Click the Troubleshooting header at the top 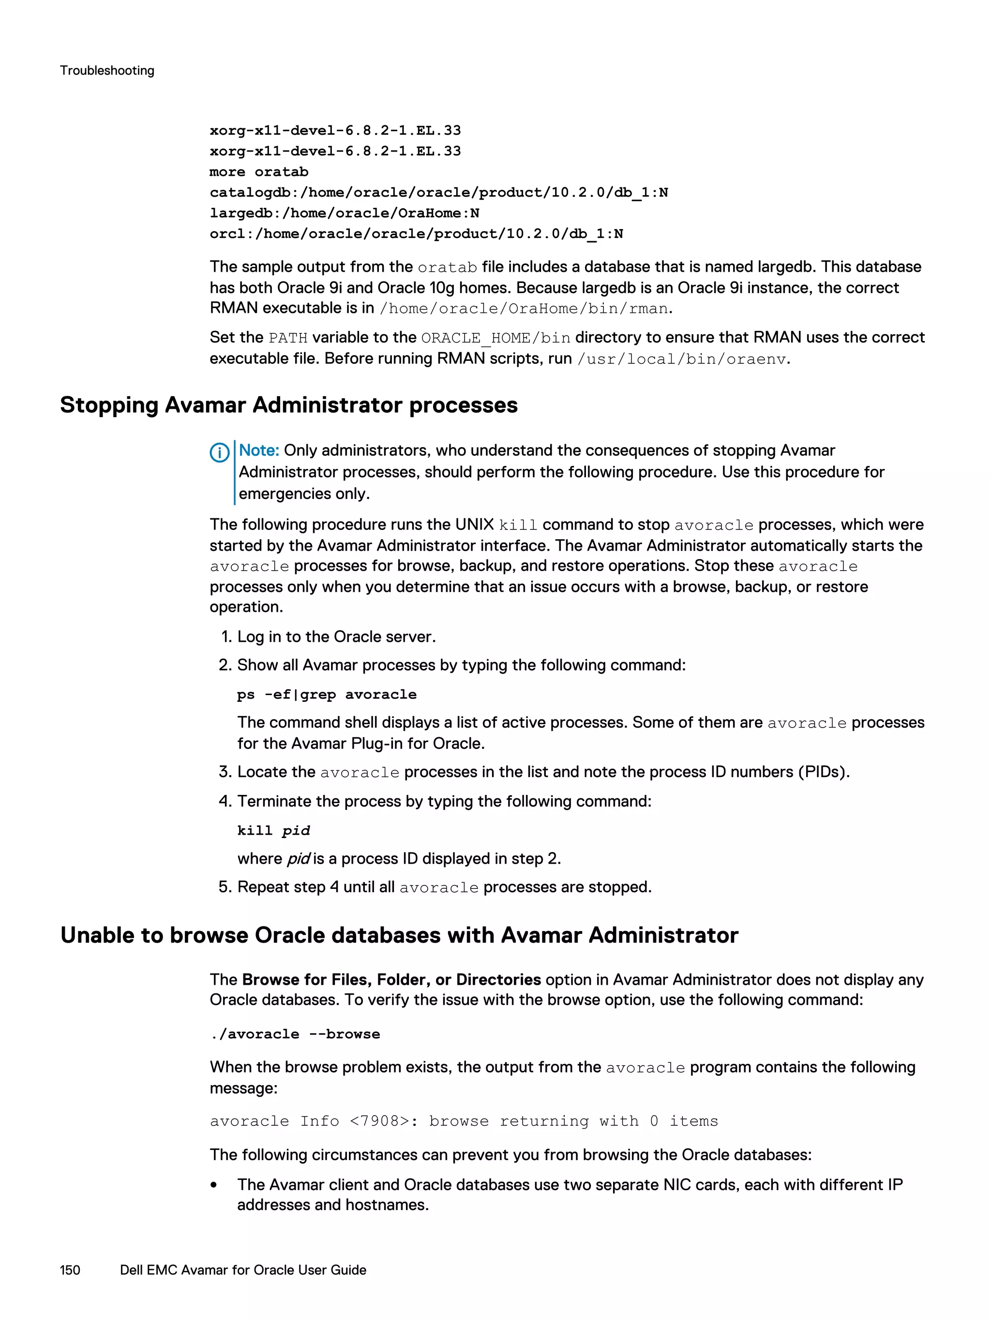coord(107,70)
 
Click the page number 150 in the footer coord(70,1270)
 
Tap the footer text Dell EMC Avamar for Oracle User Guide coord(243,1270)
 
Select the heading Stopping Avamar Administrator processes coord(288,405)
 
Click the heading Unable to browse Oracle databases coord(399,935)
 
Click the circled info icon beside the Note coord(219,453)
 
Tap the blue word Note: coord(259,450)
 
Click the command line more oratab coord(259,172)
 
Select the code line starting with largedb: coord(344,213)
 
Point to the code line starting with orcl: coord(416,234)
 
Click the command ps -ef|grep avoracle coord(326,695)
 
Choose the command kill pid coord(273,831)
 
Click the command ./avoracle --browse coord(295,1034)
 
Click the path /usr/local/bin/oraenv coord(681,359)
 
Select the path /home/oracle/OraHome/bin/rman coord(524,309)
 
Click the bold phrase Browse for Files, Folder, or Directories coord(391,980)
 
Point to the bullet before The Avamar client coord(213,1186)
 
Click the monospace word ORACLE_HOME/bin coord(495,338)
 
